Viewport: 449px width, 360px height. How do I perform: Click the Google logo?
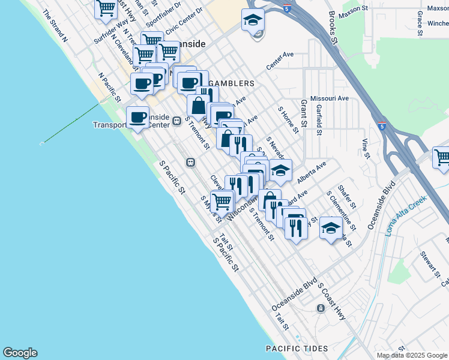click(x=20, y=353)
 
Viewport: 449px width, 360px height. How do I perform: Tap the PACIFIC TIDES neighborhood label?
click(x=298, y=349)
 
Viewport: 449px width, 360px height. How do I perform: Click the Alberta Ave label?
click(x=311, y=172)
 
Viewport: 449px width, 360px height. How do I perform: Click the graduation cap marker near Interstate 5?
click(x=253, y=19)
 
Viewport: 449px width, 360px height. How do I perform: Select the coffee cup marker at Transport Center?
click(x=137, y=116)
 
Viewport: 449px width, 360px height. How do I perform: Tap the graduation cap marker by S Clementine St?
click(x=331, y=227)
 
